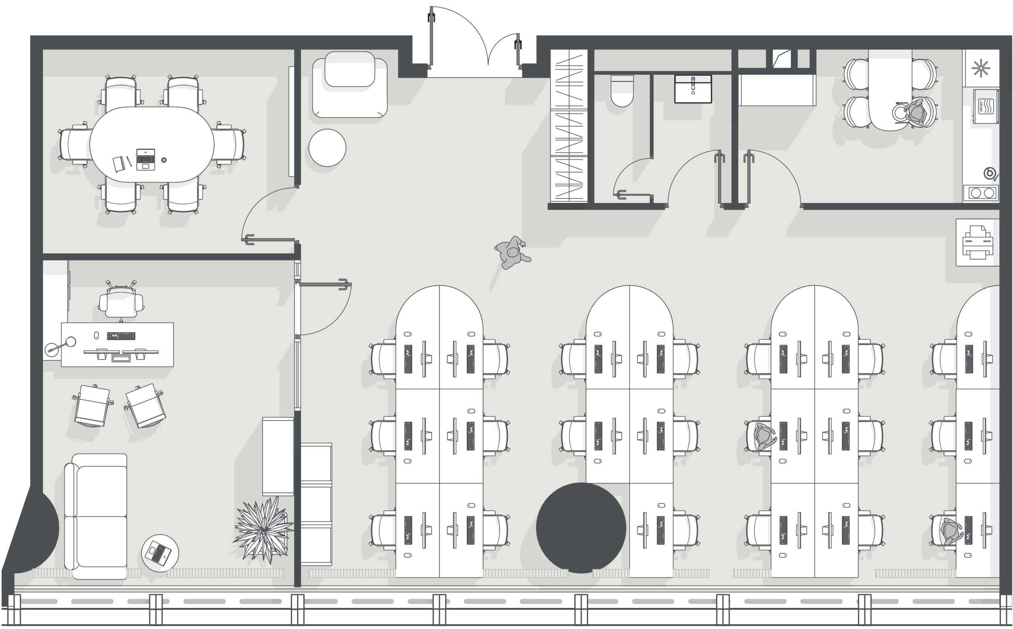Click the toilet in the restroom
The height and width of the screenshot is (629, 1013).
622,90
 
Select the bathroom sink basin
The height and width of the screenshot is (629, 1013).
693,89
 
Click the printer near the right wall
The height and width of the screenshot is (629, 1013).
977,242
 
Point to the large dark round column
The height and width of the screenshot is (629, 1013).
581,528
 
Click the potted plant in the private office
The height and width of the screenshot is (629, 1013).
263,530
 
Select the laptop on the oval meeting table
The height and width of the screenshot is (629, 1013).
145,159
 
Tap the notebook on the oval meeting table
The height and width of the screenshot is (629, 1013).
119,164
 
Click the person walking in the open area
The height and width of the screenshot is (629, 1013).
512,252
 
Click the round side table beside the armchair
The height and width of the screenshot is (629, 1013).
327,148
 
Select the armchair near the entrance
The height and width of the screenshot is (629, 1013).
350,84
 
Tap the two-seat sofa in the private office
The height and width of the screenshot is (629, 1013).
96,516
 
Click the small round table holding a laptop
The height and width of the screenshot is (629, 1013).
160,553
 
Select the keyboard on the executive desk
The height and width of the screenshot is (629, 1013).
121,336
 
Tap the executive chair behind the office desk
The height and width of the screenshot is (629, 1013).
121,300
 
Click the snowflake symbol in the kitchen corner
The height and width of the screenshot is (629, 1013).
980,68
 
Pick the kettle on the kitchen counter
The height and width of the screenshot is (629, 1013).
990,173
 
